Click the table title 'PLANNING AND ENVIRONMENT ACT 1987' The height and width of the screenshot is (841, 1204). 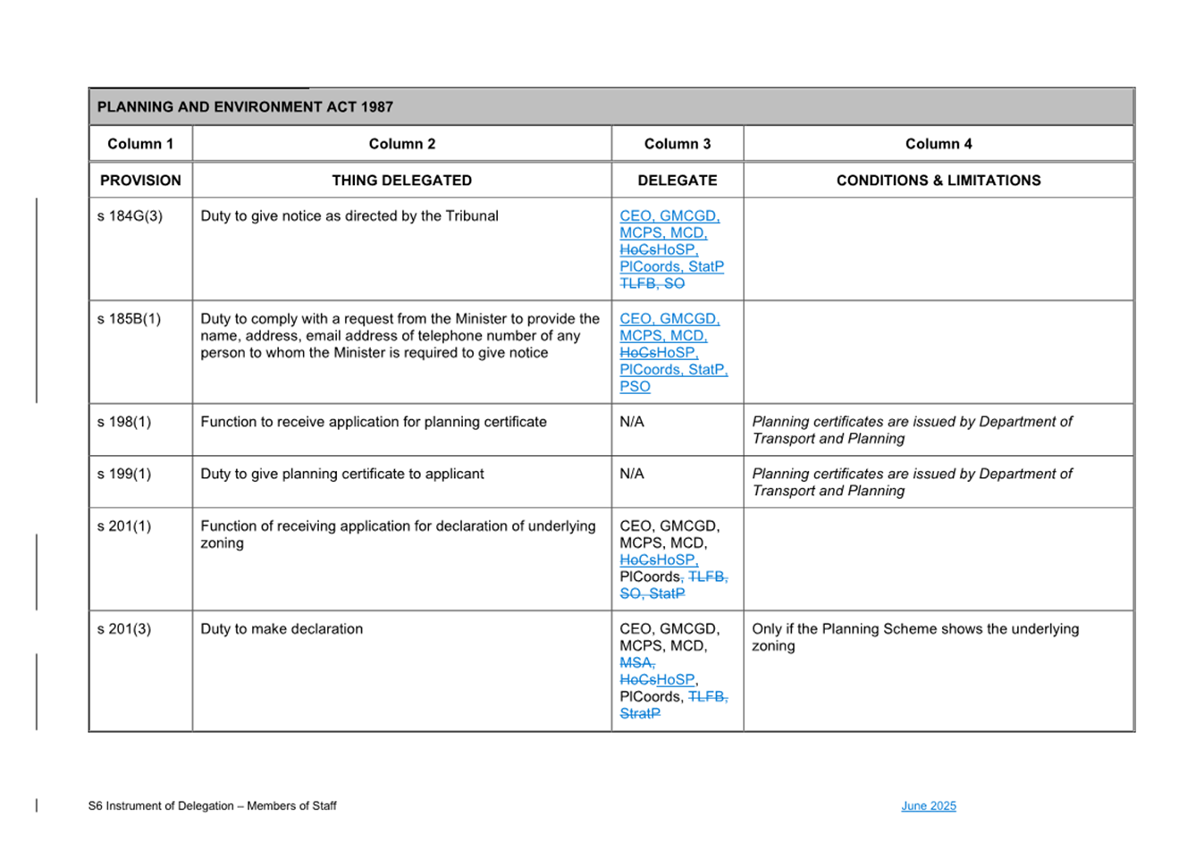pyautogui.click(x=245, y=107)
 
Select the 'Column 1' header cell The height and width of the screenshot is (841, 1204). pyautogui.click(x=140, y=144)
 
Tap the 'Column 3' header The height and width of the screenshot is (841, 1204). pyautogui.click(x=678, y=144)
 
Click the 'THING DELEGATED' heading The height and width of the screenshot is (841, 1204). pyautogui.click(x=401, y=181)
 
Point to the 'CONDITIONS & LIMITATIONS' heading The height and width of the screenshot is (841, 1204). pyautogui.click(x=939, y=181)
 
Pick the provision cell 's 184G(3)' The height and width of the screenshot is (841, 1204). pyautogui.click(x=130, y=216)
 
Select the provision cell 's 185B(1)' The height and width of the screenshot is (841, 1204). pyautogui.click(x=130, y=319)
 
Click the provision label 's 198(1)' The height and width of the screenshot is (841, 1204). pyautogui.click(x=124, y=422)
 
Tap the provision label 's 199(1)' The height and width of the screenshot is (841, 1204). pyautogui.click(x=124, y=474)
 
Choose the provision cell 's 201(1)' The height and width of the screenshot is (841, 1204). pyautogui.click(x=124, y=526)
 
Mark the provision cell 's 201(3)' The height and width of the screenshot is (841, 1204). pyautogui.click(x=124, y=629)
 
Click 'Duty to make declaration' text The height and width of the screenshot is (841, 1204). pyautogui.click(x=282, y=629)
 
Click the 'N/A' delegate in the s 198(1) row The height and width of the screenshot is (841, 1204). pyautogui.click(x=632, y=422)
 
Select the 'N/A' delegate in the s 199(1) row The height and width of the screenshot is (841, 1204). pyautogui.click(x=632, y=474)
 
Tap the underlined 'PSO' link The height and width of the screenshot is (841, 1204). pyautogui.click(x=635, y=387)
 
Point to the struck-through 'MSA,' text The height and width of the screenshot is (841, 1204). pyautogui.click(x=637, y=663)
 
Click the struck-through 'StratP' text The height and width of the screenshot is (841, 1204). pyautogui.click(x=640, y=714)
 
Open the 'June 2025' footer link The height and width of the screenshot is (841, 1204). pyautogui.click(x=929, y=806)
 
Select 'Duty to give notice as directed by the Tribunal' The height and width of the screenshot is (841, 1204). pyautogui.click(x=349, y=216)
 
